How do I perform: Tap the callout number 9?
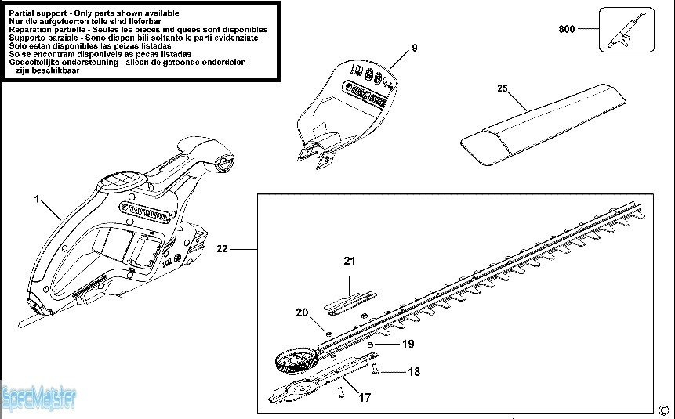415,49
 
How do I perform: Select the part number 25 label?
503,88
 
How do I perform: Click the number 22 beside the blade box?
223,249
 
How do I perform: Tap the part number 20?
303,312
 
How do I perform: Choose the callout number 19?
408,344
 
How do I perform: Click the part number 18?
414,372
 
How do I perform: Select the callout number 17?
365,398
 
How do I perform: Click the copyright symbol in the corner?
663,408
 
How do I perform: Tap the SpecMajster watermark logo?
38,399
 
